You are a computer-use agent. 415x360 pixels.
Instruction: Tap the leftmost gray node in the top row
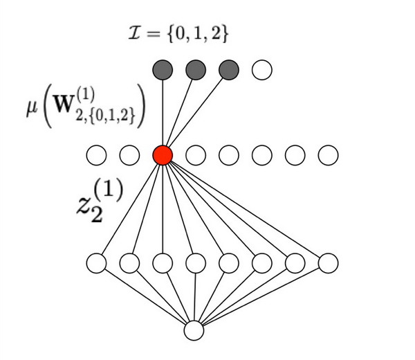click(x=163, y=69)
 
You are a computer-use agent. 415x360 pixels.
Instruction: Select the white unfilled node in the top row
click(x=262, y=69)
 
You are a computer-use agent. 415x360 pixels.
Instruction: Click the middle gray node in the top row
click(x=196, y=69)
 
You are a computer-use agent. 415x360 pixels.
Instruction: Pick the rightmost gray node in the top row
click(x=229, y=69)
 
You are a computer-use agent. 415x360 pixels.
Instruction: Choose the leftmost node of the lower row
click(x=96, y=263)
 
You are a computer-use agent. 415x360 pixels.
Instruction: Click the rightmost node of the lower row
click(x=329, y=263)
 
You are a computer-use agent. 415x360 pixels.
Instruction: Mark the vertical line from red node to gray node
click(x=163, y=111)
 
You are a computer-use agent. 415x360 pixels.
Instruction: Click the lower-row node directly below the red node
click(x=163, y=263)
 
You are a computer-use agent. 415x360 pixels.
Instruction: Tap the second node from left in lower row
click(x=129, y=263)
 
